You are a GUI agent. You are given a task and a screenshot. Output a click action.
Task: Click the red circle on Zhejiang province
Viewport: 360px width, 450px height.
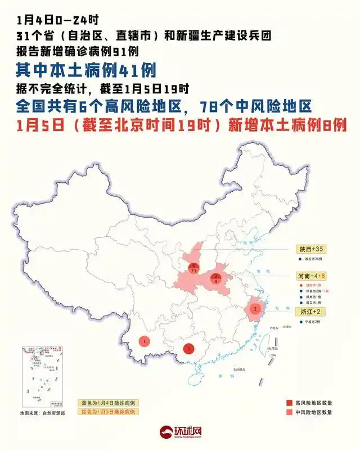click(255, 308)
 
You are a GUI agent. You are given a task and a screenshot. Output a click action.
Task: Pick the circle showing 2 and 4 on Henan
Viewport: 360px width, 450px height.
click(216, 278)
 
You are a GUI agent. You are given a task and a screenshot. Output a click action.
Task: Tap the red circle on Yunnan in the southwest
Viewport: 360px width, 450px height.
click(145, 341)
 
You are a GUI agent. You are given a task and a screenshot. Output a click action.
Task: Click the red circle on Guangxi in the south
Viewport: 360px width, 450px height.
click(189, 349)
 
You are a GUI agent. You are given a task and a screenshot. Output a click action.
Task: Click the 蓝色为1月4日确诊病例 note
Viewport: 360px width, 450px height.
click(108, 403)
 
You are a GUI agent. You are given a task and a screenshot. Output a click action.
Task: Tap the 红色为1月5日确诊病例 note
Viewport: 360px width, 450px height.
click(108, 412)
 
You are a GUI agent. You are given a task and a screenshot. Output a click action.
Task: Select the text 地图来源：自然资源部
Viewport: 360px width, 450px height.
click(43, 413)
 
